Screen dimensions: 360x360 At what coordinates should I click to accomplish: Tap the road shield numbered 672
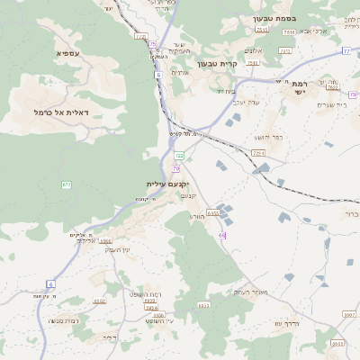point(67,184)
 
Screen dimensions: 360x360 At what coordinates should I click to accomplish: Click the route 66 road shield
point(221,235)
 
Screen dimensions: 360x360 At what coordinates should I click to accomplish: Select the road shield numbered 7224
point(259,154)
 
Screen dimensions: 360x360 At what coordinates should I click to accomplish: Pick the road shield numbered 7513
point(289,32)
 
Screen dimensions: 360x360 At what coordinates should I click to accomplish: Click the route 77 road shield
point(345,51)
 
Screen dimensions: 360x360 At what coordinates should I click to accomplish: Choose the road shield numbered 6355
point(212,213)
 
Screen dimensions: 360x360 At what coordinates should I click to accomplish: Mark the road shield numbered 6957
point(348,315)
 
